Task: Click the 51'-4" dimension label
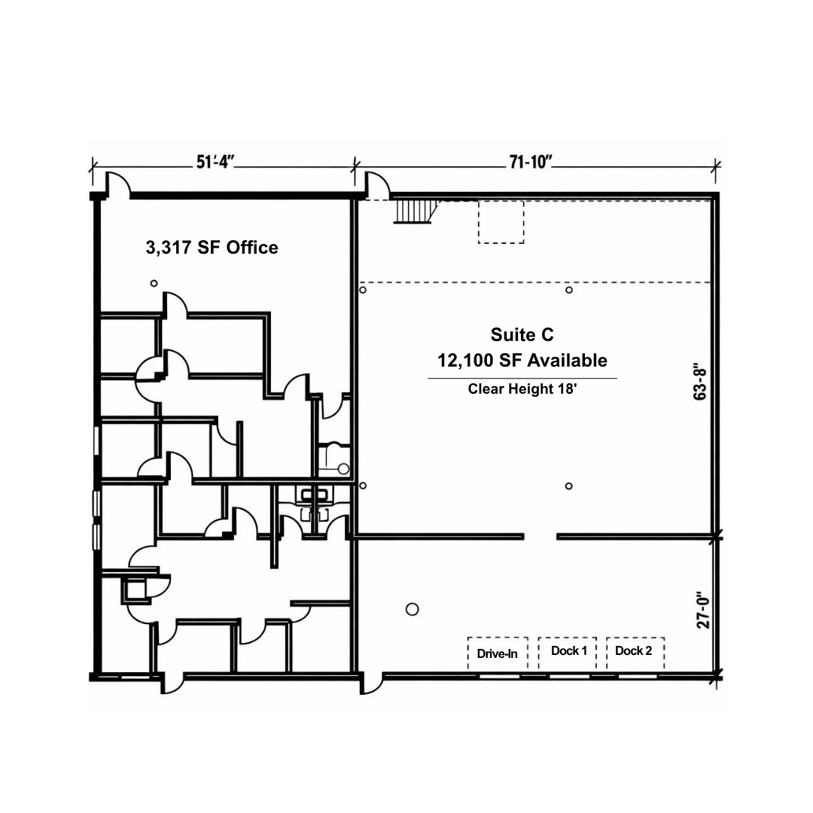[x=215, y=162]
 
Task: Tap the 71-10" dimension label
[x=531, y=162]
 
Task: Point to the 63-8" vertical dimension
[x=700, y=381]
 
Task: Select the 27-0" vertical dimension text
[x=702, y=610]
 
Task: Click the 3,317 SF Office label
[x=212, y=248]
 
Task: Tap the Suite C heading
[x=522, y=334]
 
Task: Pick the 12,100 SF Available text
[x=522, y=360]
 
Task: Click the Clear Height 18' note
[x=522, y=388]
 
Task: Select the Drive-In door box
[x=498, y=653]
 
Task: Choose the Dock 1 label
[x=569, y=650]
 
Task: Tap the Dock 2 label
[x=634, y=650]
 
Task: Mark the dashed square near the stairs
[x=501, y=222]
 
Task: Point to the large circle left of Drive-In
[x=413, y=609]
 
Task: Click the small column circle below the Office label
[x=154, y=283]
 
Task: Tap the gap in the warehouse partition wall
[x=540, y=537]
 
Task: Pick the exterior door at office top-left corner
[x=118, y=184]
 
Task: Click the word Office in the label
[x=252, y=248]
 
